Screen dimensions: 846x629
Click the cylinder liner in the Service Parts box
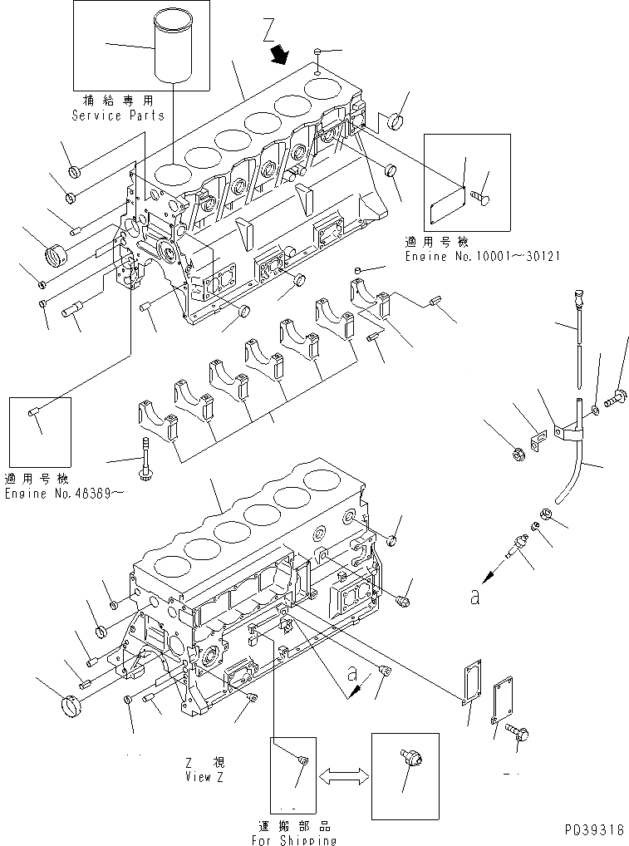click(x=177, y=49)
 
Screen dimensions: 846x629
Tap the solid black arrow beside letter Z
click(x=282, y=55)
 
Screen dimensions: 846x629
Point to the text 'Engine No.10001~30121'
click(x=482, y=257)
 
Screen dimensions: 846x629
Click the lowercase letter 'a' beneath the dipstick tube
click(x=474, y=597)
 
